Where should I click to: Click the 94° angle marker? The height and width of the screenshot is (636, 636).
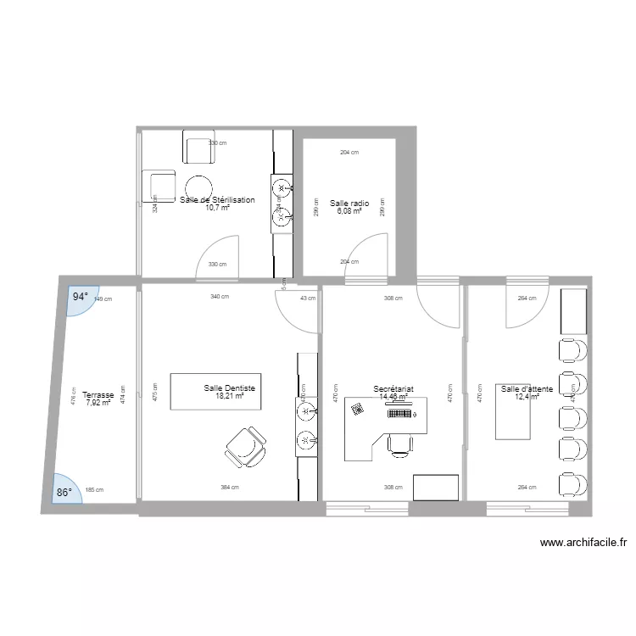[x=80, y=298]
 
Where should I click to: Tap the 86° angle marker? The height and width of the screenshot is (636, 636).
[x=64, y=491]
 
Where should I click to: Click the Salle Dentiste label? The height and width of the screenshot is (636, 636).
[x=229, y=388]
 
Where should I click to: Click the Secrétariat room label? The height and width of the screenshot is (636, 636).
[x=393, y=388]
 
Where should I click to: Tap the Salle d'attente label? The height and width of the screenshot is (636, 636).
[x=527, y=388]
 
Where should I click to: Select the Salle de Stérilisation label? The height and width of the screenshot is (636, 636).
[x=217, y=200]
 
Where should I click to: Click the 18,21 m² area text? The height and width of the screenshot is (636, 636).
[x=229, y=396]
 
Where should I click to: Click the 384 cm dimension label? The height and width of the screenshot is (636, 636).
[x=229, y=488]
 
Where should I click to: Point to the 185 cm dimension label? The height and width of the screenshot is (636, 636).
[x=94, y=490]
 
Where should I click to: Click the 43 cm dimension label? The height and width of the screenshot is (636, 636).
[x=307, y=298]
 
